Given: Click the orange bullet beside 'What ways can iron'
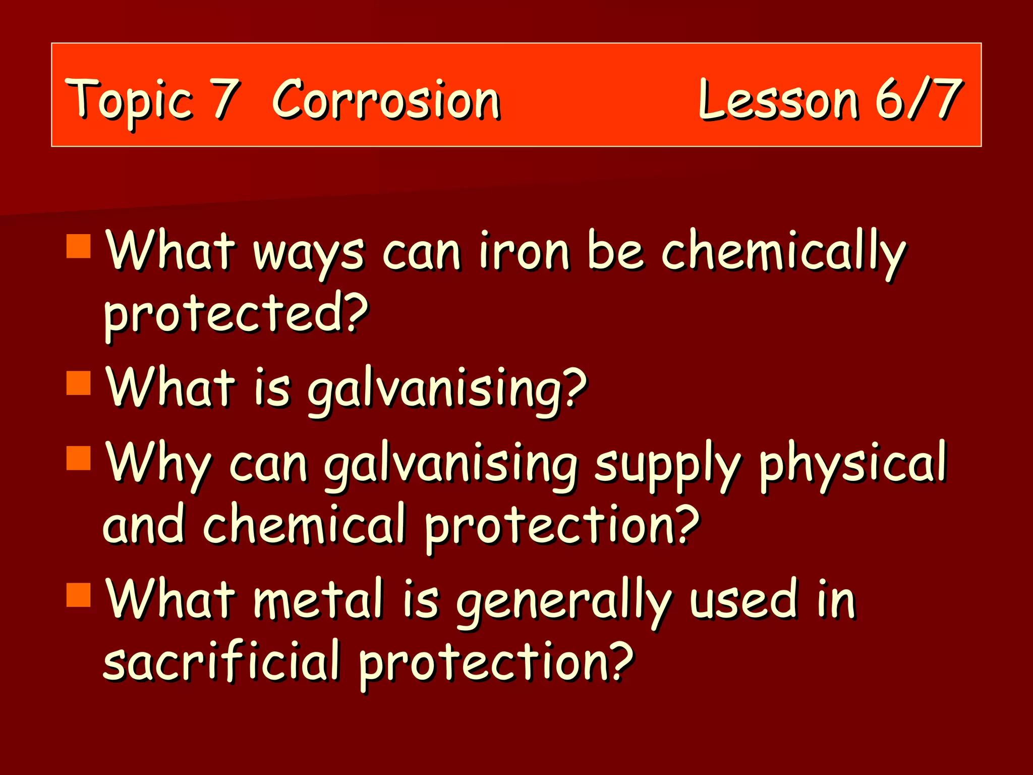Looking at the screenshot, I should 78,246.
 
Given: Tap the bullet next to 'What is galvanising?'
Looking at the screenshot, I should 78,383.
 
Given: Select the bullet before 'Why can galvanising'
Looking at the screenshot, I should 78,458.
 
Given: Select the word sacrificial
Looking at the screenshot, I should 222,661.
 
